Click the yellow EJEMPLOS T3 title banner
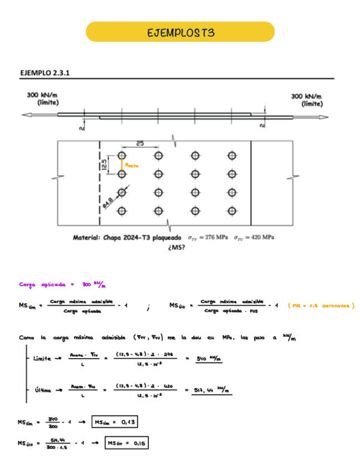tap(180, 32)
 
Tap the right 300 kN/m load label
tap(306, 99)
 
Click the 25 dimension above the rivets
tap(140, 143)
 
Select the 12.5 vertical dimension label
tap(104, 165)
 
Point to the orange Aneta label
tap(132, 165)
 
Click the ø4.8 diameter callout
tap(109, 202)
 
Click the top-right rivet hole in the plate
tap(232, 156)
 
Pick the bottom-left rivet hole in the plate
tap(122, 211)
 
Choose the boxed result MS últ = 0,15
tap(127, 443)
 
